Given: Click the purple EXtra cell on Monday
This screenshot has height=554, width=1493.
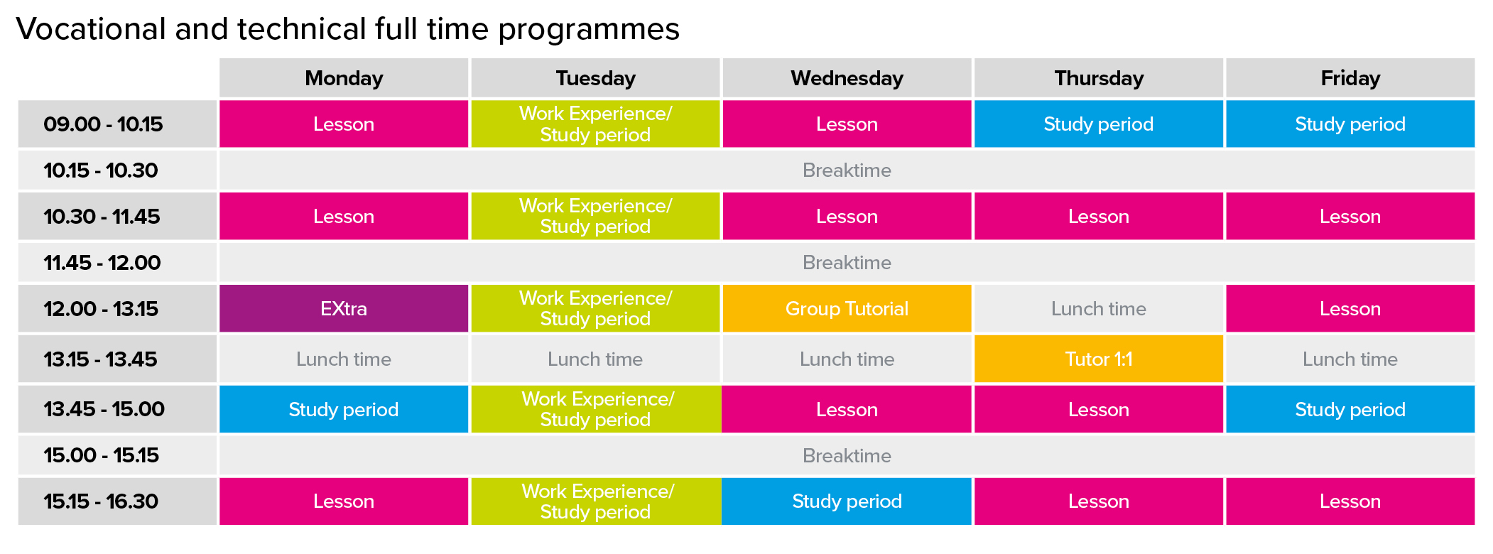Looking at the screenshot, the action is pos(344,308).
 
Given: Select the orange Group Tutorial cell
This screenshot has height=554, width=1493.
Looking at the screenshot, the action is pos(847,308).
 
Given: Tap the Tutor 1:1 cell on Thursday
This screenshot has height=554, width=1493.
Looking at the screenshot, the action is pos(1098,359).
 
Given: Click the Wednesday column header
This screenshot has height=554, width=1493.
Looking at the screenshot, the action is pos(847,77).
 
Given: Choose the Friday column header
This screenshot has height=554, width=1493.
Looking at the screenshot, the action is pos(1350,77).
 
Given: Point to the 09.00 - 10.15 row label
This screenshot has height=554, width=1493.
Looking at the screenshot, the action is pos(103,124).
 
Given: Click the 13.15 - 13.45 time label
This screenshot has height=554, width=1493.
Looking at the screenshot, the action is pos(100,359).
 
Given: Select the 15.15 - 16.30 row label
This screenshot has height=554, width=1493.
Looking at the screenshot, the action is pos(101,501).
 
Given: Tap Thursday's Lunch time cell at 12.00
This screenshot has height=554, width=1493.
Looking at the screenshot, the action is pos(1098,308).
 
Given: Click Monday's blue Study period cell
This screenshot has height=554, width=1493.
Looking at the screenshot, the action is pos(344,409).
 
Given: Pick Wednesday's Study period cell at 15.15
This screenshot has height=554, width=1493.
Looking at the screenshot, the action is pos(847,501).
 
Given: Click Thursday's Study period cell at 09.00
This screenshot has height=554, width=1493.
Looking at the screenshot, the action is pos(1098,124).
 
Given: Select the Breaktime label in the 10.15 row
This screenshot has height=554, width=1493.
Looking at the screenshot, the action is pos(847,170).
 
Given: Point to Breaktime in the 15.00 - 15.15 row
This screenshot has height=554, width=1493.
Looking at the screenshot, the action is pos(847,455).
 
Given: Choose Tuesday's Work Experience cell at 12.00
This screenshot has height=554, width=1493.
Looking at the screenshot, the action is pos(595,308).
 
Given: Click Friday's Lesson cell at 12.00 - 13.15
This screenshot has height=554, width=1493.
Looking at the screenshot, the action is pos(1350,308).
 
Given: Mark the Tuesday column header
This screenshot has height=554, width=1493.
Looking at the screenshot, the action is pos(595,77).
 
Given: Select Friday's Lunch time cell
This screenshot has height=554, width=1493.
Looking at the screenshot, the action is pos(1350,359).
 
